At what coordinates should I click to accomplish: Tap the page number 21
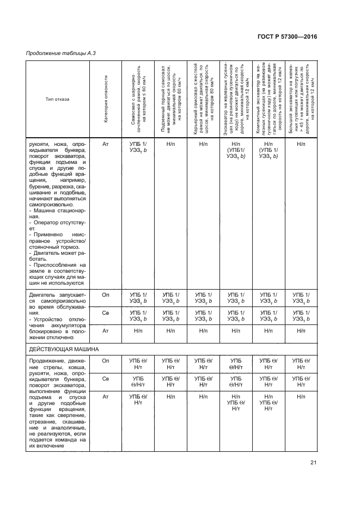pos(313,463)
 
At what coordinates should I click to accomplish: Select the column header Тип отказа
pos(58,99)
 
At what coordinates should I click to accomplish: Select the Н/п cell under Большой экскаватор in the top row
pos(300,144)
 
